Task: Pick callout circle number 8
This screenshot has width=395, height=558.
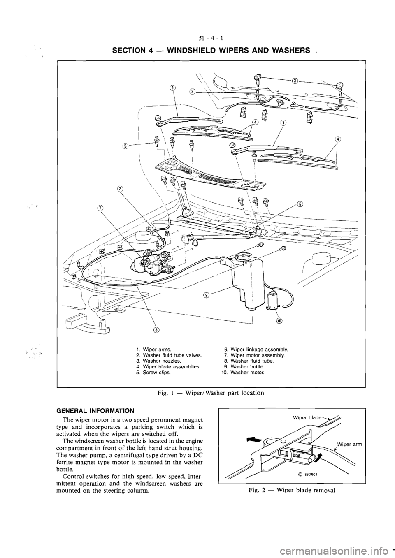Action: [156, 329]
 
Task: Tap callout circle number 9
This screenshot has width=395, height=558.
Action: [207, 294]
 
